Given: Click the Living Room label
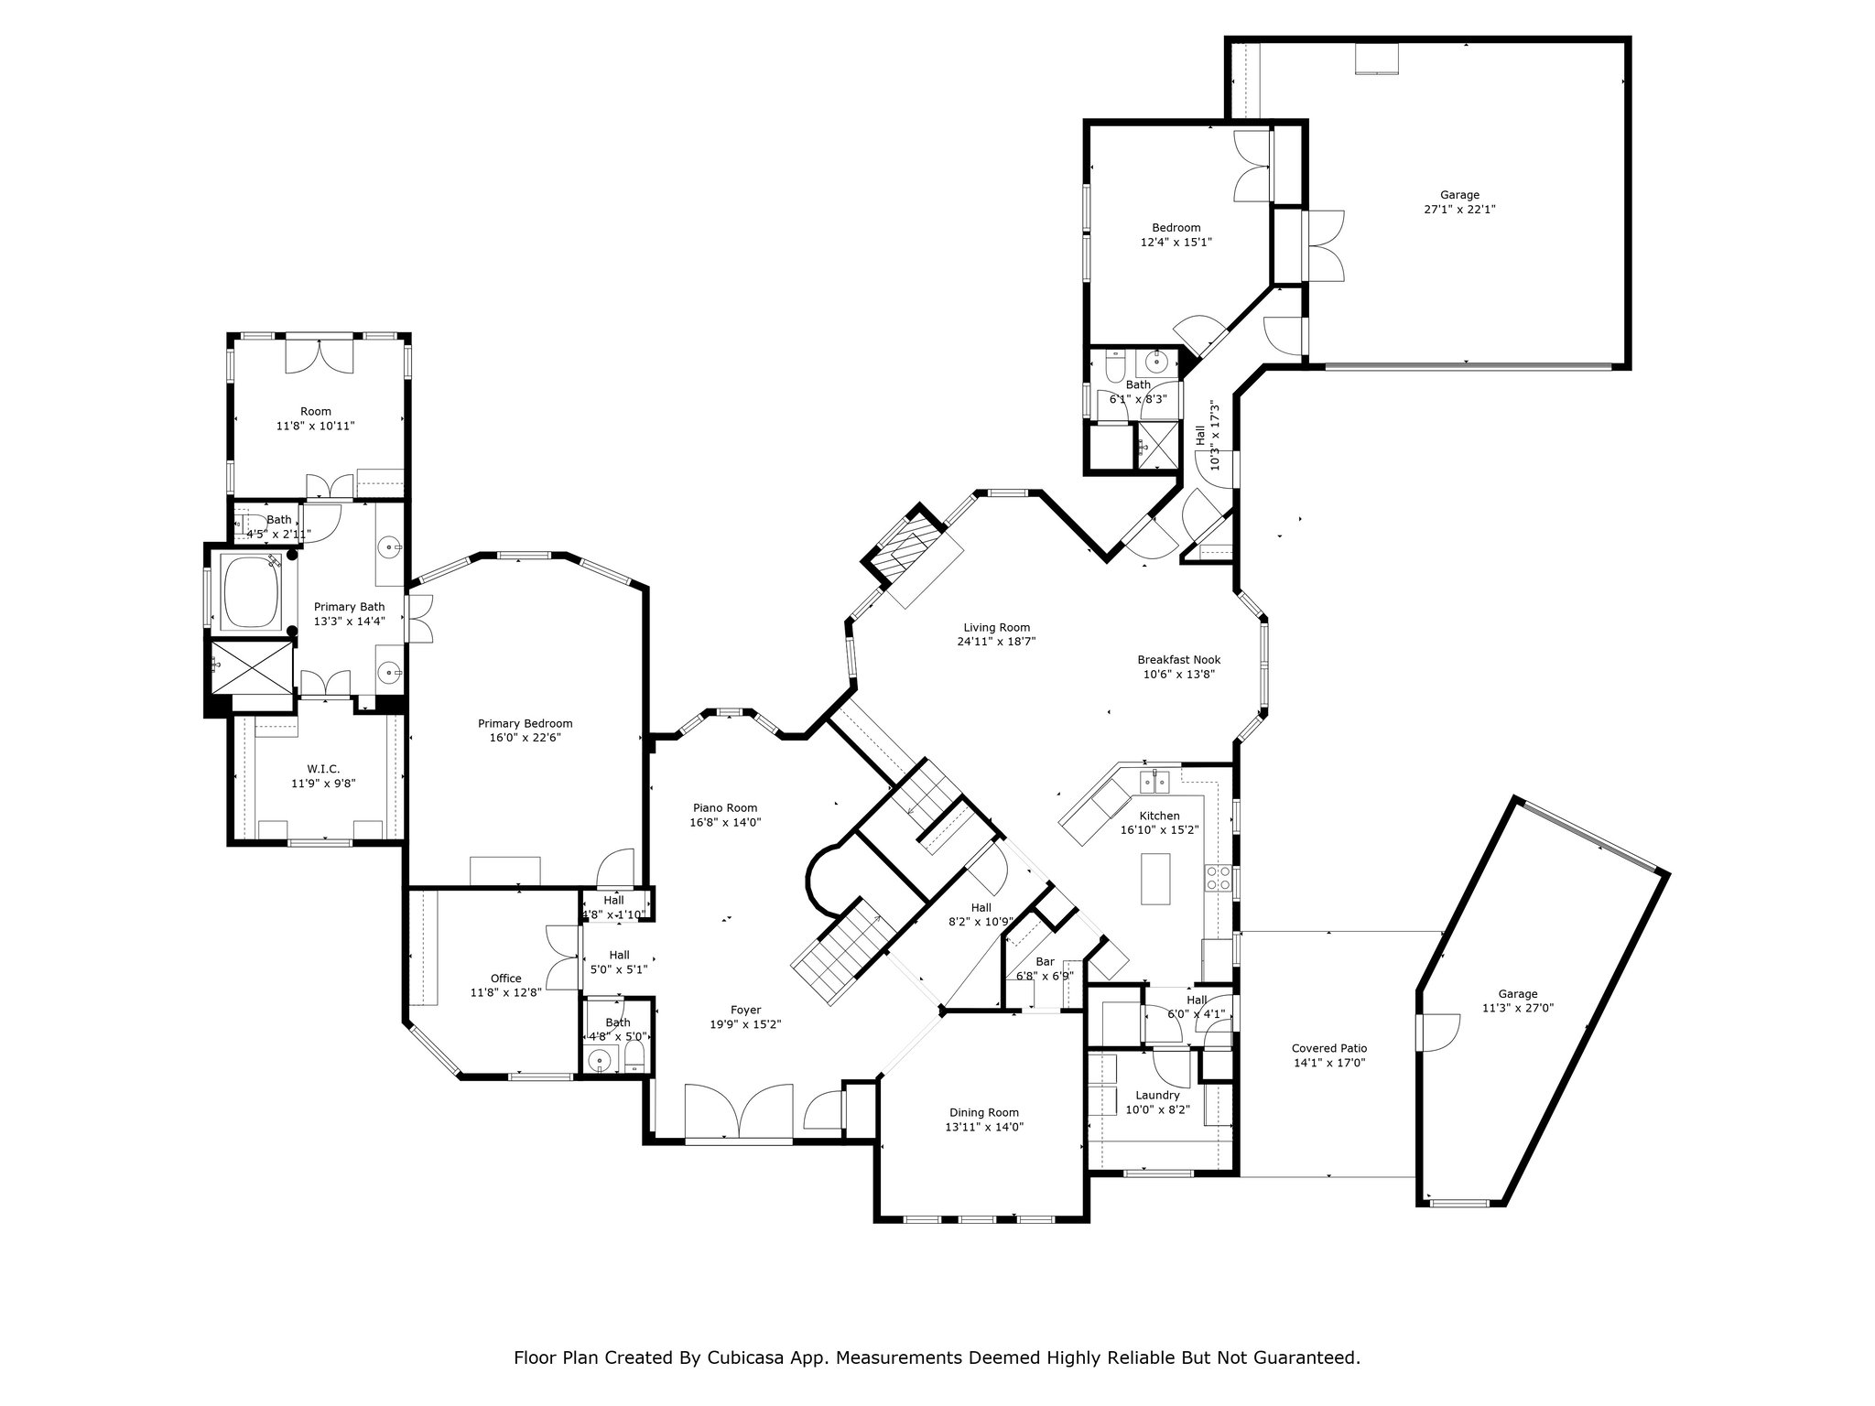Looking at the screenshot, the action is (x=996, y=627).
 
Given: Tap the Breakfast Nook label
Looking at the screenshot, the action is (x=1178, y=659).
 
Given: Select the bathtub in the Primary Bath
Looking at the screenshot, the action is (x=249, y=592).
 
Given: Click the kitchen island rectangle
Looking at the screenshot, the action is (x=1156, y=879).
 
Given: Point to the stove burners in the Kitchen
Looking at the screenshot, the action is (x=1218, y=878).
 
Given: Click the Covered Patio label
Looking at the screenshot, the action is (x=1328, y=1048).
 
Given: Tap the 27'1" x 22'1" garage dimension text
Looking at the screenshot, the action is (x=1459, y=209).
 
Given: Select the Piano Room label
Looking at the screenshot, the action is (x=724, y=807).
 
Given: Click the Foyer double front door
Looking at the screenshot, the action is (x=739, y=1111).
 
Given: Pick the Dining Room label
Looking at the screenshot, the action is (x=983, y=1112).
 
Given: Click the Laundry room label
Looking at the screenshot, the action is (x=1157, y=1095).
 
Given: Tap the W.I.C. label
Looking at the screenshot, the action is (x=322, y=769).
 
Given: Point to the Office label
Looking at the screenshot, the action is (x=505, y=978).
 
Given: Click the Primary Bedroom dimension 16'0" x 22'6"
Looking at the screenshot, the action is (x=525, y=737).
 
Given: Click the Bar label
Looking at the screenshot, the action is (x=1045, y=961).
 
